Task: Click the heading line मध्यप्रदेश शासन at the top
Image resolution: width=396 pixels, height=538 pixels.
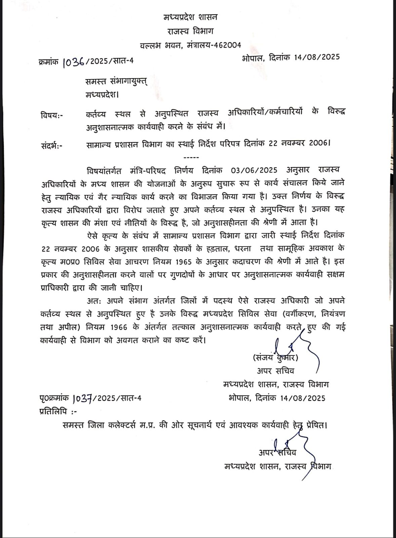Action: pos(190,17)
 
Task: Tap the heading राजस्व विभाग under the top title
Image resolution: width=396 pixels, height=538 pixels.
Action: pos(190,31)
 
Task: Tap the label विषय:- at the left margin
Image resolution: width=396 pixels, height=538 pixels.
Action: pos(52,115)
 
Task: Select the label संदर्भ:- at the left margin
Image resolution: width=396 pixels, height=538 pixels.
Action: pos(52,145)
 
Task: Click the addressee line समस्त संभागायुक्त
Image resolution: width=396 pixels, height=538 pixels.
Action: pos(116,82)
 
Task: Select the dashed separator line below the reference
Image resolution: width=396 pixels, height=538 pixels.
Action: pos(191,157)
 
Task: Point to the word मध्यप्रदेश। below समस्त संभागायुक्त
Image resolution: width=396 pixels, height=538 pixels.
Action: pos(102,95)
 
